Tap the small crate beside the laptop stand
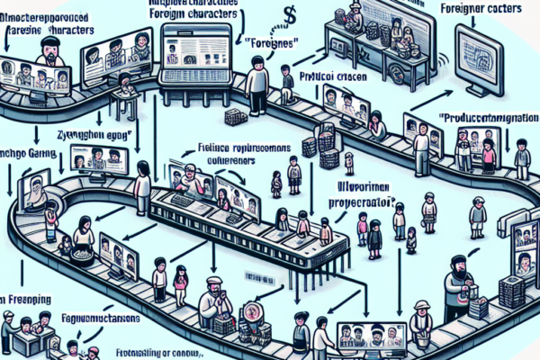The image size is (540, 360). [236, 117]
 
